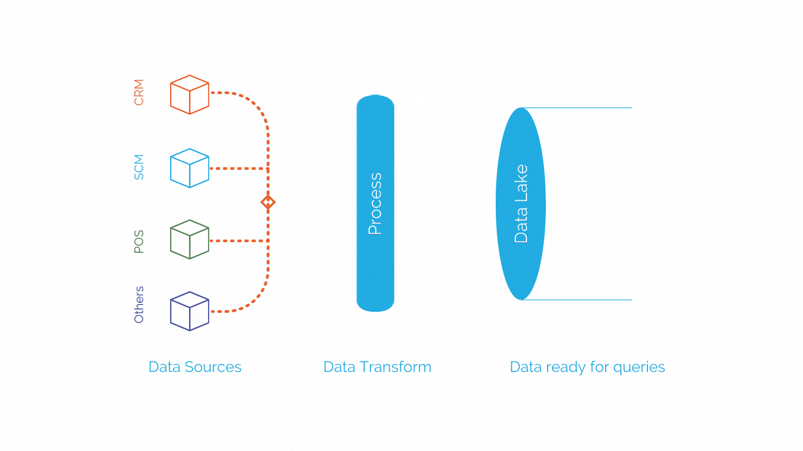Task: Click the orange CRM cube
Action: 189,95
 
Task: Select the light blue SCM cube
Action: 189,168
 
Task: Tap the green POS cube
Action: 189,239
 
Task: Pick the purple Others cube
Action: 189,311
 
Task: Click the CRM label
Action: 139,92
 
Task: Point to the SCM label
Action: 139,167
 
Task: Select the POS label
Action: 139,242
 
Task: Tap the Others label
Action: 139,305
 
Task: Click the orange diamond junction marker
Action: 268,202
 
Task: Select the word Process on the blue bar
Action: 375,204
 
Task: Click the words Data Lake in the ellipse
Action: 521,204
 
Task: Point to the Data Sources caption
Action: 195,367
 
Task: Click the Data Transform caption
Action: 377,367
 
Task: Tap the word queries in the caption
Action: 639,368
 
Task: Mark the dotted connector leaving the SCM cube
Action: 239,168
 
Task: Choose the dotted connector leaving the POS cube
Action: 239,241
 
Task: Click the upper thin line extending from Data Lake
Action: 577,108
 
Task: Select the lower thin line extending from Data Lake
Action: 577,300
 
